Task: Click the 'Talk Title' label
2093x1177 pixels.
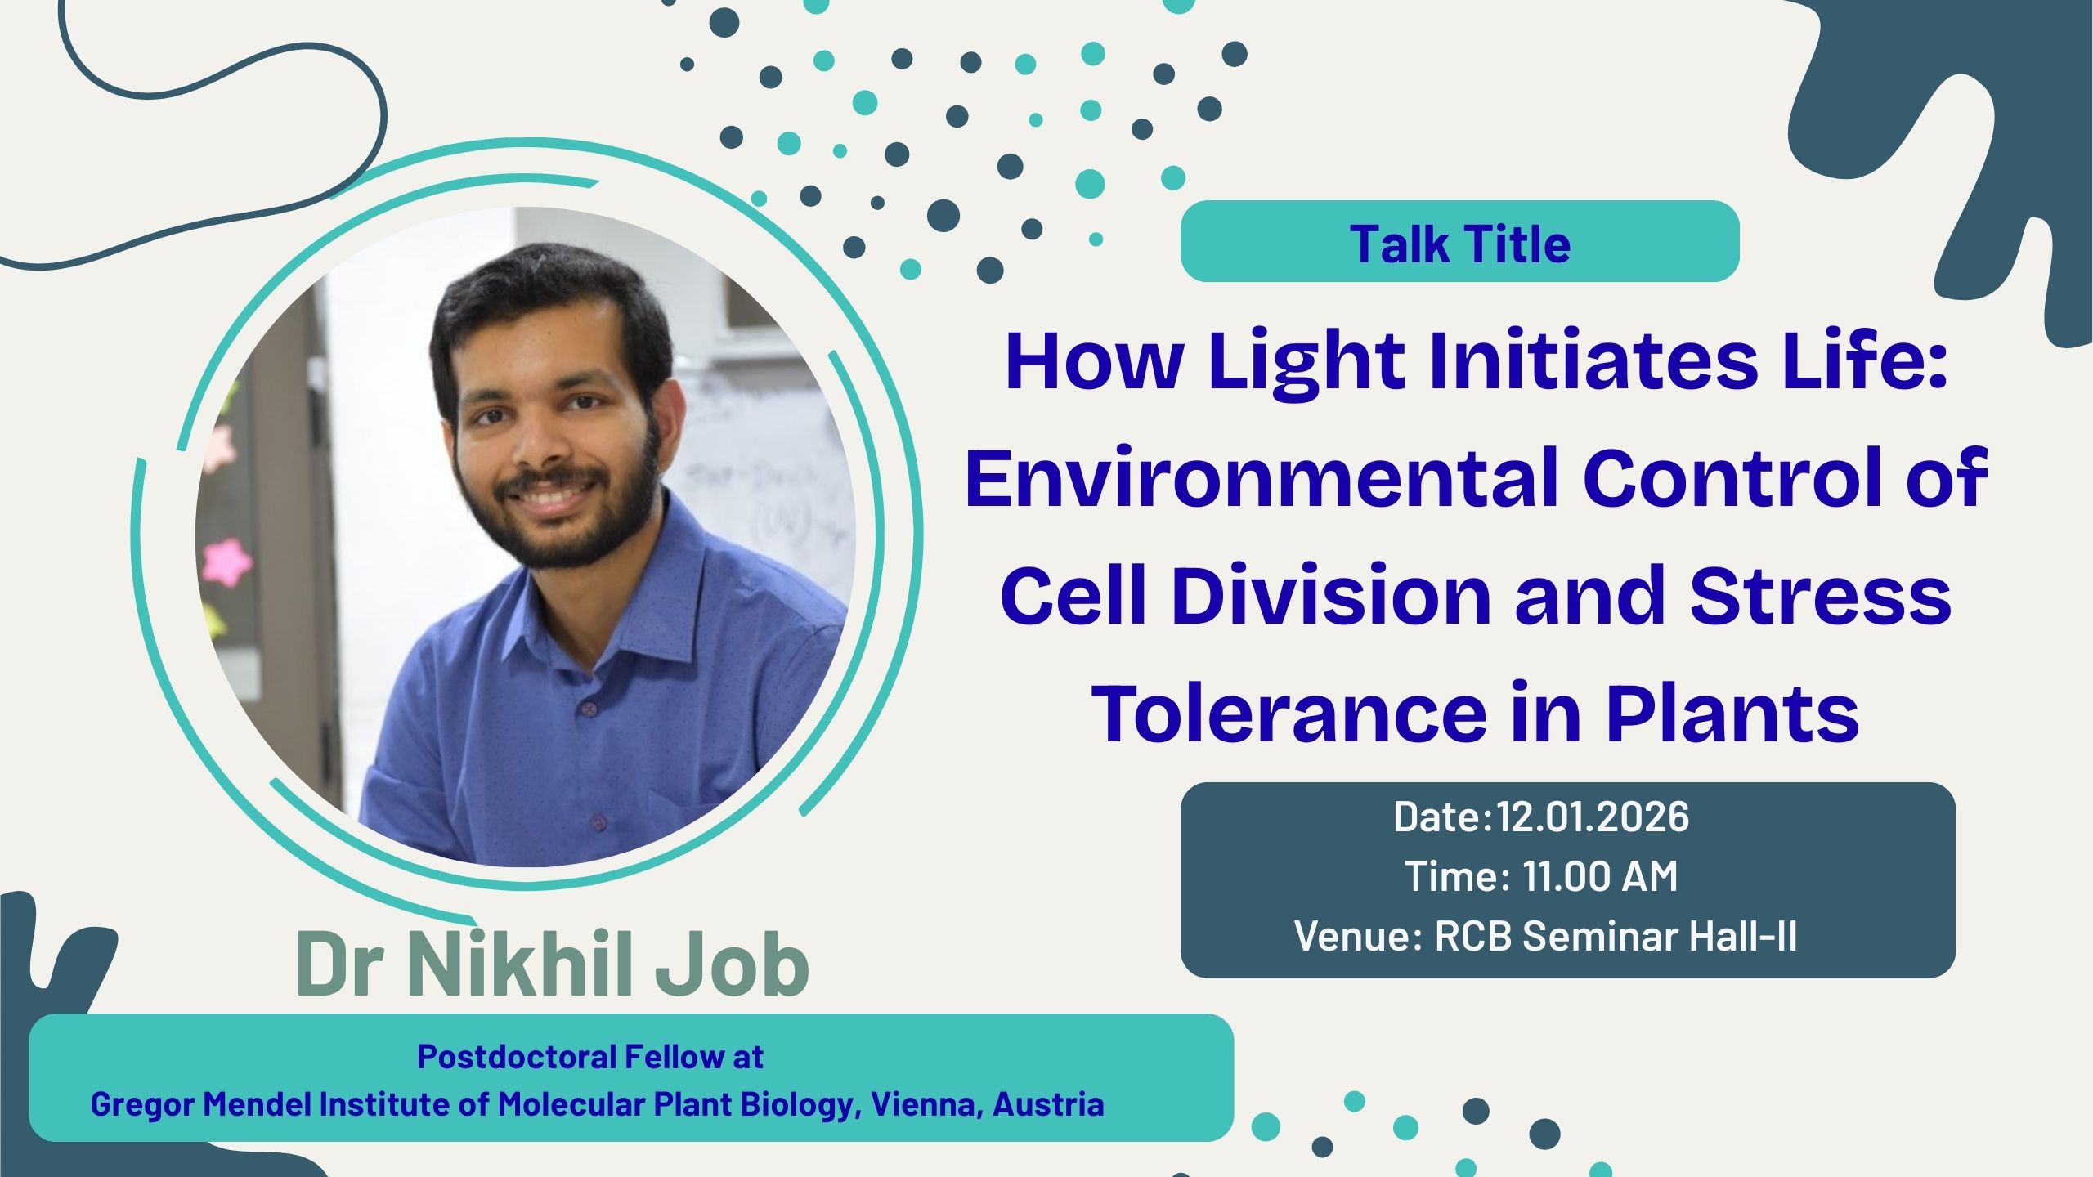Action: tap(1460, 244)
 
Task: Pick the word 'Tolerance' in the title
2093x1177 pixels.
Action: tap(1289, 713)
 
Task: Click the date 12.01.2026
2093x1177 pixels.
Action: tap(1593, 817)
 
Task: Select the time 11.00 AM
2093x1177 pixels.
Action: tap(1599, 876)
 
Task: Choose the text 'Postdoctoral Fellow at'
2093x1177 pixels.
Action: tap(590, 1057)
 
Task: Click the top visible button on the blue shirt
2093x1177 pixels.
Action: tap(585, 707)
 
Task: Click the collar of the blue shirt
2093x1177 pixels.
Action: tap(654, 588)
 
